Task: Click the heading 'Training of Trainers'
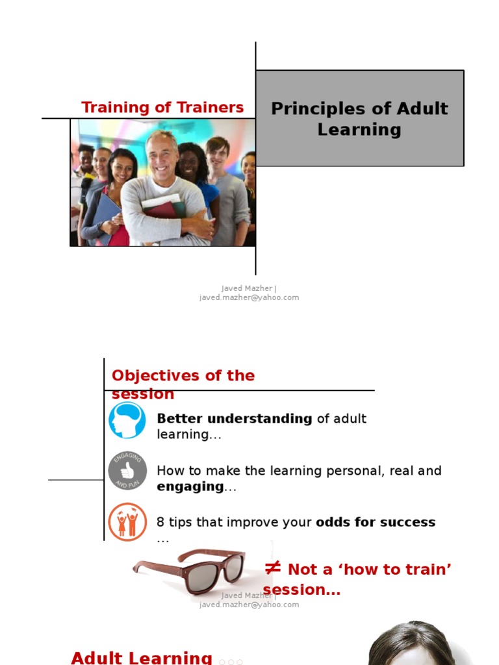(x=162, y=107)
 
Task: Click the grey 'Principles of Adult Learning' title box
(x=359, y=118)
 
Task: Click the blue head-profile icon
(x=127, y=421)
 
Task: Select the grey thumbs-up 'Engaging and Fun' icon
(x=127, y=471)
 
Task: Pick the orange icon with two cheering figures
(x=127, y=521)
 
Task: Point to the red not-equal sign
(x=273, y=568)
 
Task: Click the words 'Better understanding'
(x=235, y=419)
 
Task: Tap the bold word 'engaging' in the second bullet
(x=190, y=487)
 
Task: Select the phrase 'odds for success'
(x=376, y=522)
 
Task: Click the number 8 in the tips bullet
(x=160, y=522)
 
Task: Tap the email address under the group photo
(x=249, y=297)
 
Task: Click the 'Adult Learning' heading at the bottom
(x=142, y=657)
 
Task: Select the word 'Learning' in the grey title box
(x=359, y=129)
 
